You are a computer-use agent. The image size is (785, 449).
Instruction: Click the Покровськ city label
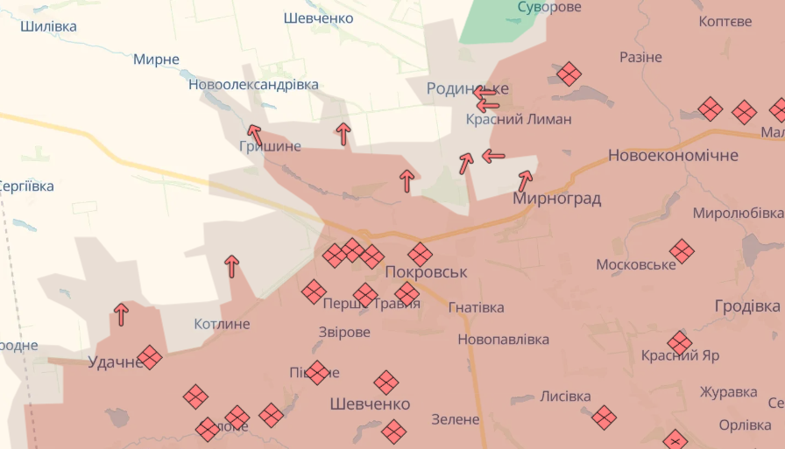pos(427,272)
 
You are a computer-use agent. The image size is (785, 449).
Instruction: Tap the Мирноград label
pos(557,199)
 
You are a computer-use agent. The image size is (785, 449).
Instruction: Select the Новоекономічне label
pos(673,156)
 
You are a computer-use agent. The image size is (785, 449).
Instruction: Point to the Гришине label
pos(270,146)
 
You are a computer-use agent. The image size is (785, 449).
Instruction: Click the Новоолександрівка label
pos(253,85)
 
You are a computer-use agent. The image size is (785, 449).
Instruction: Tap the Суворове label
pos(548,7)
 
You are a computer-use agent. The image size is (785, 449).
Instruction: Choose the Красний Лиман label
pos(519,119)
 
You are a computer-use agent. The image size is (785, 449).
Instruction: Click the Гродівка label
pos(746,306)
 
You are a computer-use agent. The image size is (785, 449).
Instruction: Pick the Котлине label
pos(222,324)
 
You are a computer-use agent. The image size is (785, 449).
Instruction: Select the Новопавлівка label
pos(503,339)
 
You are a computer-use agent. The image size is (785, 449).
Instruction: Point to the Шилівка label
pos(48,26)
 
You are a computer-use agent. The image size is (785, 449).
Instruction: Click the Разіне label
pos(640,57)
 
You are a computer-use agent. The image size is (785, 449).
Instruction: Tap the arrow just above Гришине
pos(255,134)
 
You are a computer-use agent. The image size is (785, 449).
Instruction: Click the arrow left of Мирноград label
pos(525,181)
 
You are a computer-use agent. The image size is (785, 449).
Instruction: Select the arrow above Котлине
pos(231,265)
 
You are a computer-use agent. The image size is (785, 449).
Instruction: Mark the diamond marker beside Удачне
pos(150,357)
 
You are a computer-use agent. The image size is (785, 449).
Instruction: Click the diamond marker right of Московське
pos(682,251)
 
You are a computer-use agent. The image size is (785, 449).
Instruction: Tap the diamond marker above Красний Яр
pos(679,342)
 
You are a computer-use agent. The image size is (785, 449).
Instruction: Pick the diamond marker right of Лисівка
pos(604,417)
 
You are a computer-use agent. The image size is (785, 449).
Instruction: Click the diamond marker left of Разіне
pos(569,74)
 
